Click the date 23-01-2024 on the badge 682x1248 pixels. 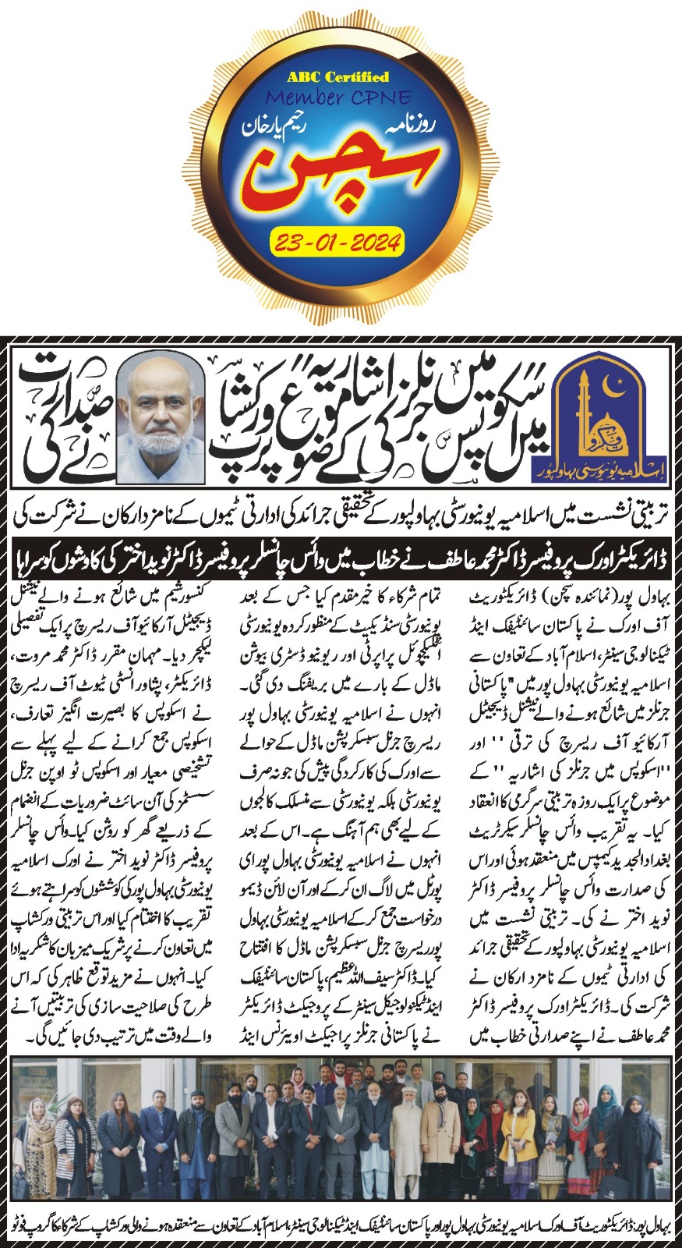click(337, 242)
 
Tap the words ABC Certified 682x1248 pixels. click(337, 77)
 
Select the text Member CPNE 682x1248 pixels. click(338, 98)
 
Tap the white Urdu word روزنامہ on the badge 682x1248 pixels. click(295, 126)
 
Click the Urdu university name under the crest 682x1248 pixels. click(599, 473)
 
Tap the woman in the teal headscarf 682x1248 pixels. click(606, 1123)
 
